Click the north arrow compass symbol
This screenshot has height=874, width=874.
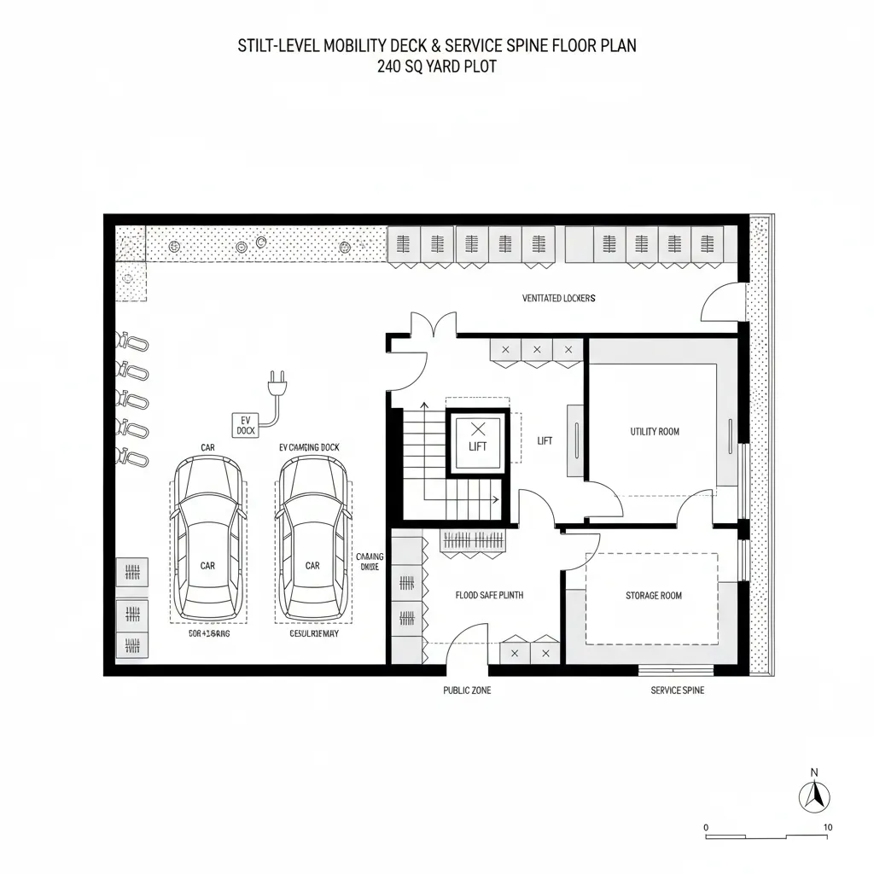[814, 796]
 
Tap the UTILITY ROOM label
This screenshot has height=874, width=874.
[655, 432]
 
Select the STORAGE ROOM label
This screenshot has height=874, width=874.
[653, 596]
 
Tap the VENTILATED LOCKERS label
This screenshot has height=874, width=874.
[558, 299]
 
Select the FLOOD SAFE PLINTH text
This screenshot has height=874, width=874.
[489, 596]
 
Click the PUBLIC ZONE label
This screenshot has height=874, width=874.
[467, 690]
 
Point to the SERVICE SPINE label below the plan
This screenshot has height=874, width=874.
[677, 690]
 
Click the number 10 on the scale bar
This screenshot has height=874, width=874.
[828, 827]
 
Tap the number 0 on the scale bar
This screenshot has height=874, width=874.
[706, 827]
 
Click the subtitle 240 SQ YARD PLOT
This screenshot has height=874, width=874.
[436, 67]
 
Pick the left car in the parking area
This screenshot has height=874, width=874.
[207, 538]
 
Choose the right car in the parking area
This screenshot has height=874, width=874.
[312, 538]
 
